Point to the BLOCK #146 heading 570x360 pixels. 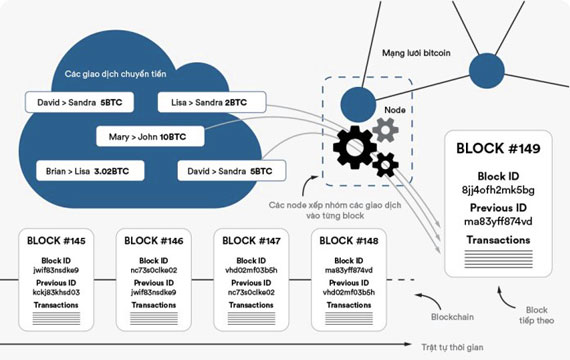(x=154, y=240)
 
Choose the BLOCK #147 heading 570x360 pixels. (x=251, y=240)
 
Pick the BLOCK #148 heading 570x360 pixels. (x=348, y=240)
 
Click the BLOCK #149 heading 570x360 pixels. (x=498, y=149)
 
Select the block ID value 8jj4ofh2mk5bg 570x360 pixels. (x=498, y=189)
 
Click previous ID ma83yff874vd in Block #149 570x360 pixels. (x=498, y=222)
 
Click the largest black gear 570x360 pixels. (x=356, y=147)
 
